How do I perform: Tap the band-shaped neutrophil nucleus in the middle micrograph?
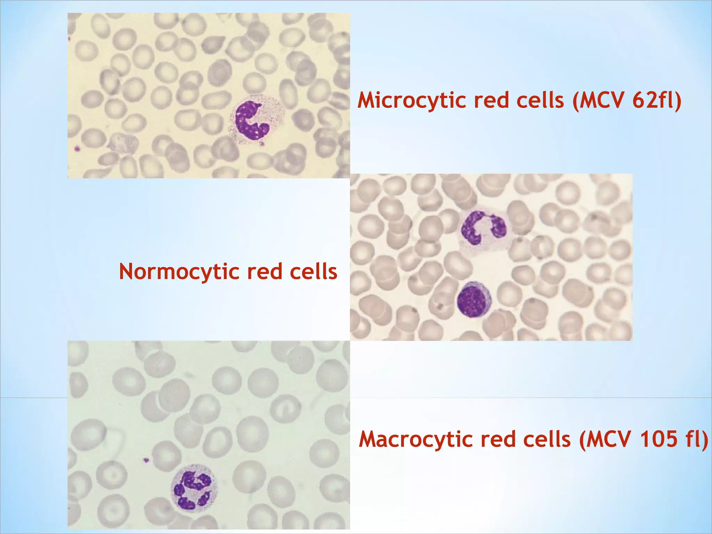point(483,228)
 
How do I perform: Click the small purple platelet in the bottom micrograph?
point(146,460)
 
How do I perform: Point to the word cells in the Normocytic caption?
point(313,272)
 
